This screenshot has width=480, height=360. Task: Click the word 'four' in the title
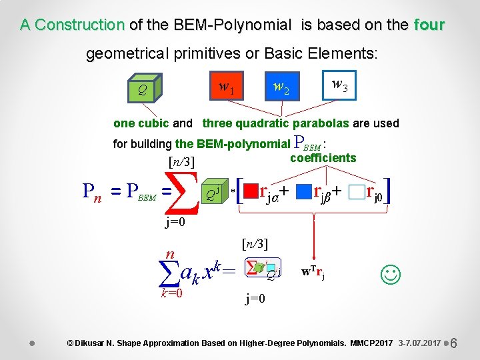tap(429, 25)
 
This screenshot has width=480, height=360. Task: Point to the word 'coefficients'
tap(323, 158)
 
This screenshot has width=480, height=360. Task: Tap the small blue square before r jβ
tap(305, 193)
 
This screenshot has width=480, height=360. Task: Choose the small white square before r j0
tap(357, 193)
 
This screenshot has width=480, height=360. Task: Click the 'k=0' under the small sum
tap(171, 293)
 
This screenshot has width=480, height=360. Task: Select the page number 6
tap(453, 343)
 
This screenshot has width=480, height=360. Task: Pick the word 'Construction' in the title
tap(79, 25)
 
